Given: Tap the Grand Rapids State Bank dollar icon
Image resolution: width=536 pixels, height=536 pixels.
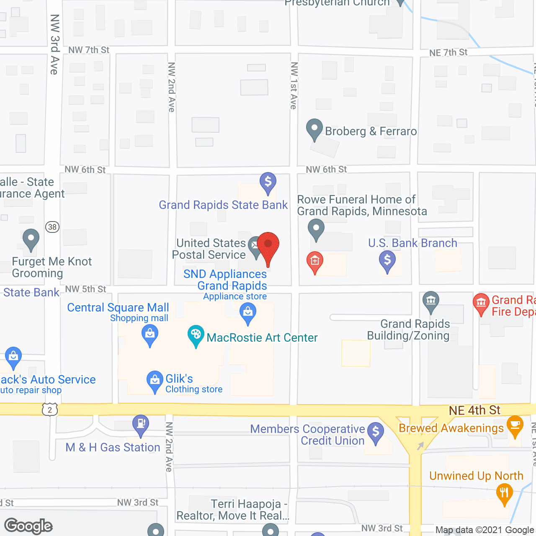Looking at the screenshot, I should coord(268,182).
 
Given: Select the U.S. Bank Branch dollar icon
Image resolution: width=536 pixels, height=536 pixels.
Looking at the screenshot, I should coord(387,260).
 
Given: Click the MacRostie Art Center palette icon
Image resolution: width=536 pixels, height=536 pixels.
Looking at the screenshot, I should coord(196,335).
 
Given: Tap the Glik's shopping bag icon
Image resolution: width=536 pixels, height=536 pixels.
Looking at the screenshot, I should coord(155,380).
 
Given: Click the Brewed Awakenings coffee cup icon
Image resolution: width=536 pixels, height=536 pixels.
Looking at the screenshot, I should coord(515,425).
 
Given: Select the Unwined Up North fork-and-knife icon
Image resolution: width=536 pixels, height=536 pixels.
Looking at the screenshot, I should coord(504,493).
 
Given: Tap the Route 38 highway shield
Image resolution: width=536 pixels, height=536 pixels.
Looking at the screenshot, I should coord(52,227).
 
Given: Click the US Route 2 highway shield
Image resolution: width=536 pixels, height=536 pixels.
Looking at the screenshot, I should coord(50,410).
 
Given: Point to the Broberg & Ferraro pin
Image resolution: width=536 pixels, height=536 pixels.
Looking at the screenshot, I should coord(314,129).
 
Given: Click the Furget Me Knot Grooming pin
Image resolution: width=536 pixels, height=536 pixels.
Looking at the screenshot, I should coord(31,239).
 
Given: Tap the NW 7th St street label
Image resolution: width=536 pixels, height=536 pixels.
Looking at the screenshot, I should coord(89,50).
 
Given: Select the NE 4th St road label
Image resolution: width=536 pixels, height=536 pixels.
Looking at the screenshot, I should coord(474,410).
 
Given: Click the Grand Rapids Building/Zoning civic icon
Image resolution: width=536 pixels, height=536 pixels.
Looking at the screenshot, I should coord(431,301).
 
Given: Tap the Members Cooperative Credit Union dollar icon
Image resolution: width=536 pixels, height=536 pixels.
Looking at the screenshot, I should coord(376,431).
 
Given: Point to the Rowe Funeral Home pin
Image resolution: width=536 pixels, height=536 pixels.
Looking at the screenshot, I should coord(316,229).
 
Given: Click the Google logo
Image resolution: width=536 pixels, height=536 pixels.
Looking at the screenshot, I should coord(28,526).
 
